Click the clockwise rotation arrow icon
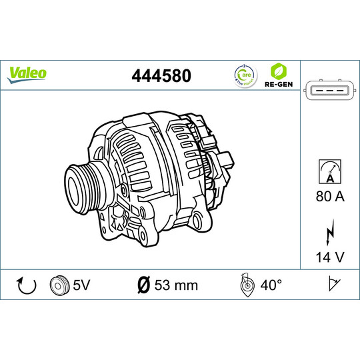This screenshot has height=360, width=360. (25, 286)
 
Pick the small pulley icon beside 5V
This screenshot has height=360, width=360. (59, 285)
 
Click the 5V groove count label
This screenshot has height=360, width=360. (81, 285)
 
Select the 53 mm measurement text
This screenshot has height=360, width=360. (176, 285)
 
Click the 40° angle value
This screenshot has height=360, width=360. (271, 285)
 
